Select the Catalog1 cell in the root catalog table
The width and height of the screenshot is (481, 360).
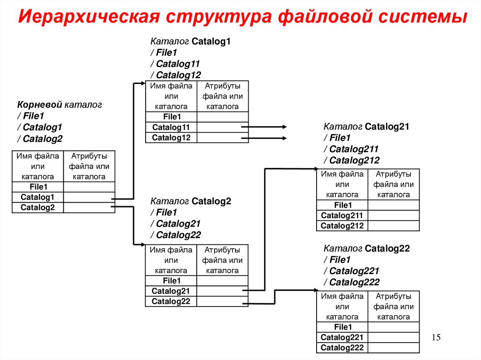pyautogui.click(x=38, y=197)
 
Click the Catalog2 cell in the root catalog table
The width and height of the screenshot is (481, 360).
pyautogui.click(x=38, y=207)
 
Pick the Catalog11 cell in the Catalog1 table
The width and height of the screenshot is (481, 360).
pyautogui.click(x=171, y=127)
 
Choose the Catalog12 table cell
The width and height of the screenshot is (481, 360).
pyautogui.click(x=171, y=138)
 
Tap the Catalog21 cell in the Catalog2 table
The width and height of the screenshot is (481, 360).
pyautogui.click(x=171, y=291)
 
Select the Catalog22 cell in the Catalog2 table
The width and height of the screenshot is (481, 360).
pyautogui.click(x=171, y=301)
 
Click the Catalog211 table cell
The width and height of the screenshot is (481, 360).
pyautogui.click(x=342, y=215)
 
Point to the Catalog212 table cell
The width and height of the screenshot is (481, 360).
pyautogui.click(x=342, y=226)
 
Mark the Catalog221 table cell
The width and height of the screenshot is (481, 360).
pyautogui.click(x=342, y=337)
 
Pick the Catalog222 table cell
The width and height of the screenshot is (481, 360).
pyautogui.click(x=342, y=348)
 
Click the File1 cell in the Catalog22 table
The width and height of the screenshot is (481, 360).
pyautogui.click(x=342, y=327)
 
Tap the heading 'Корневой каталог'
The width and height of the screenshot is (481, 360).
pyautogui.click(x=60, y=105)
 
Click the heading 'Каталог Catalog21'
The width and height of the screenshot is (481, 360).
pyautogui.click(x=366, y=127)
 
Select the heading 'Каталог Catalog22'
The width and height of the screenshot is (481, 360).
pyautogui.click(x=366, y=249)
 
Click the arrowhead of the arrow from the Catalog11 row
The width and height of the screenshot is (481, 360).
pyautogui.click(x=285, y=127)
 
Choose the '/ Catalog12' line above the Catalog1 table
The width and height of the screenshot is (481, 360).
pyautogui.click(x=176, y=75)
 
